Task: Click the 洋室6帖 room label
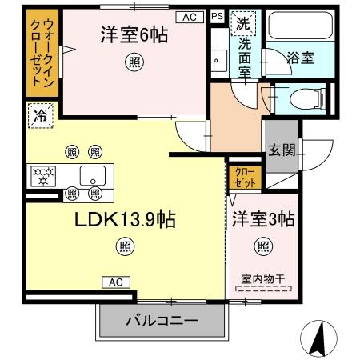tap(134, 35)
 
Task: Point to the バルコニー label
tap(160, 323)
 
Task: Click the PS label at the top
tap(218, 15)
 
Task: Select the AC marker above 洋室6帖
tap(189, 16)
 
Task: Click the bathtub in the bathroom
tap(298, 26)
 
